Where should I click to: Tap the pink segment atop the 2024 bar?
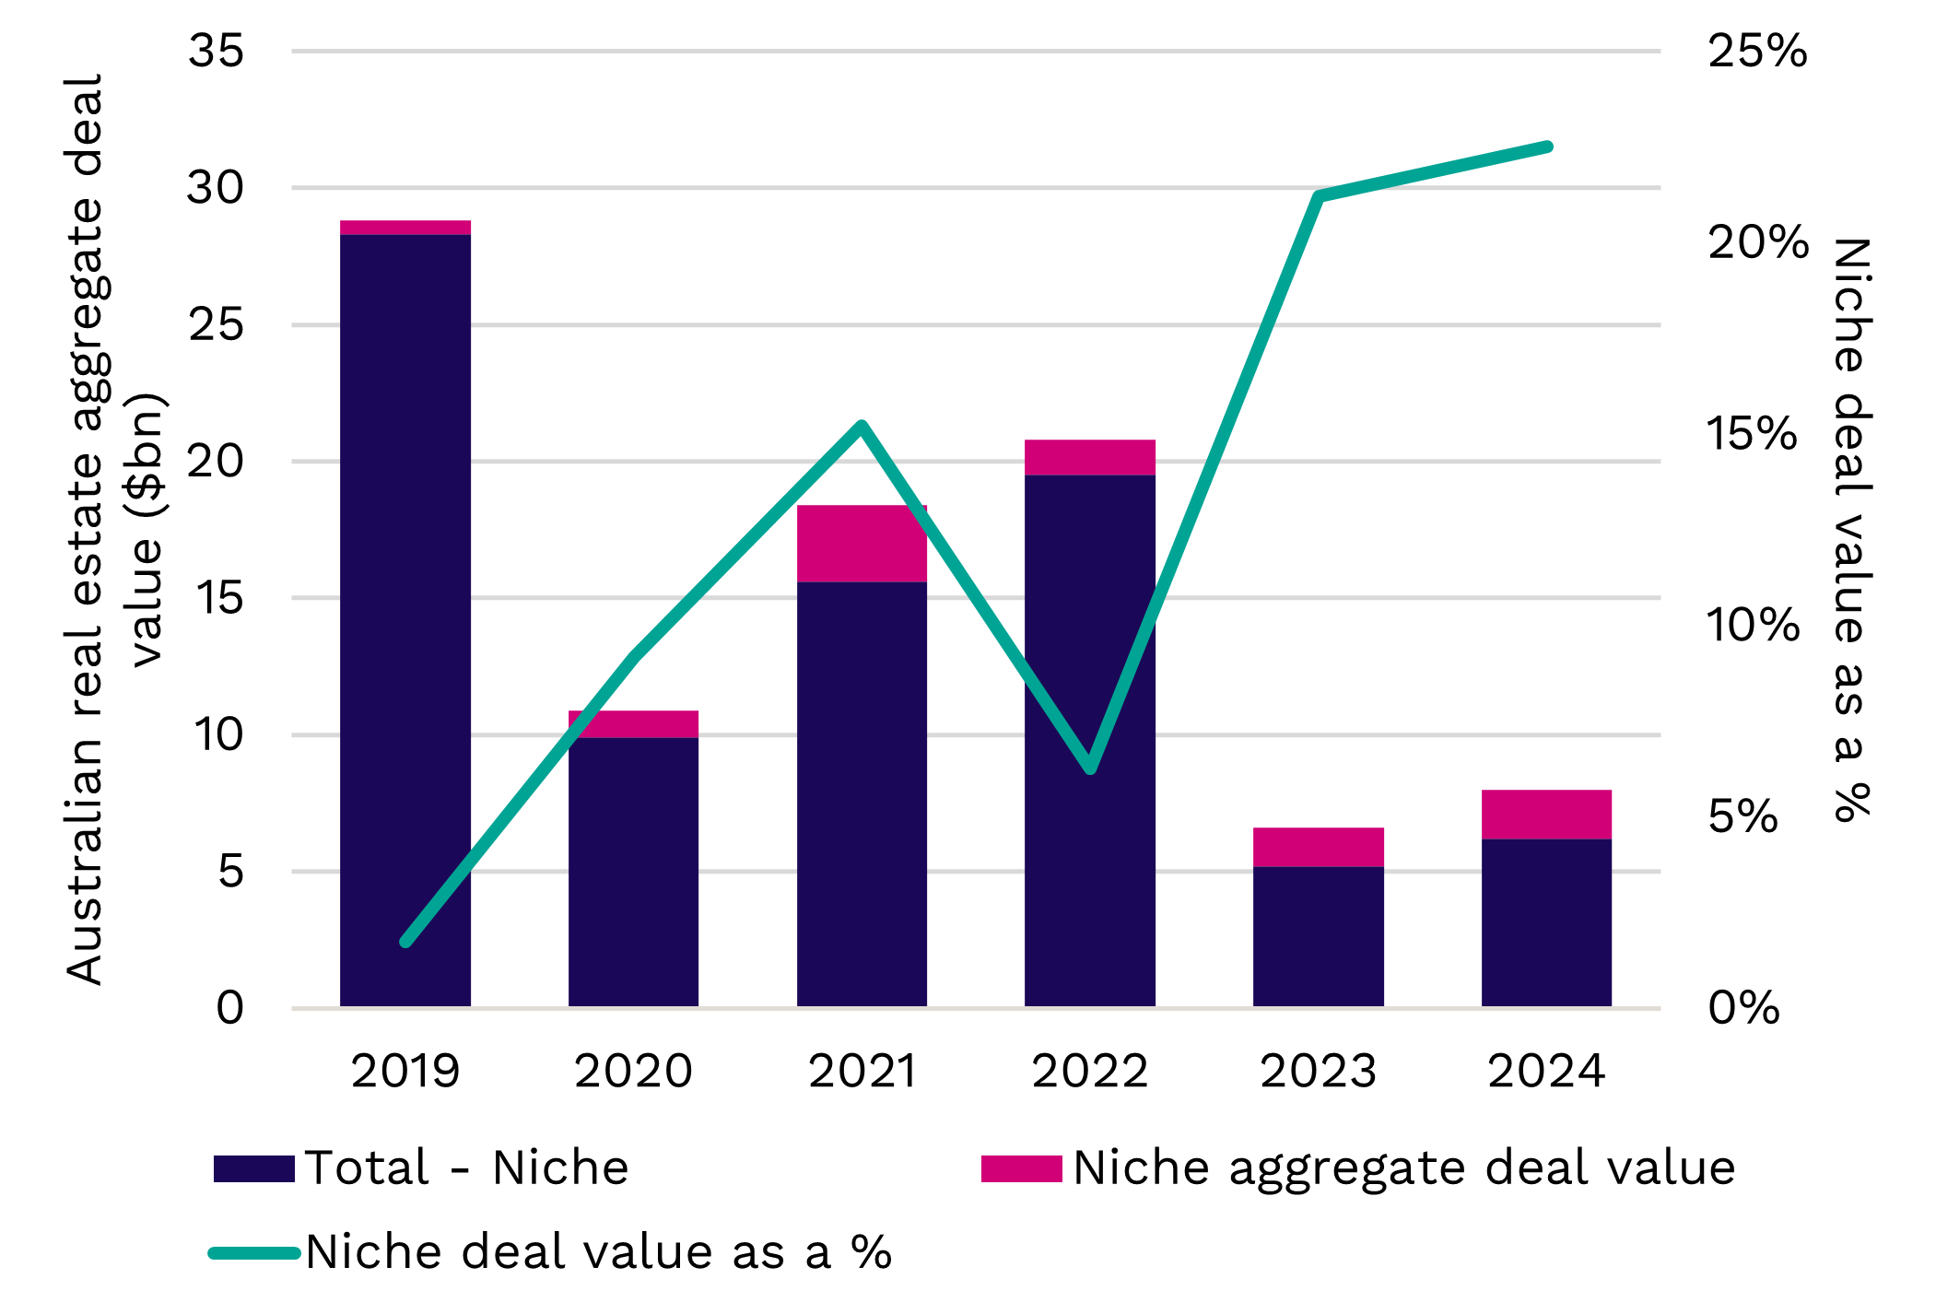[1546, 814]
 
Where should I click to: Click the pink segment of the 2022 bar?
[1090, 457]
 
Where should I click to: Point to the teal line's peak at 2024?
[1547, 147]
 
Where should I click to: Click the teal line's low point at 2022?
[1090, 768]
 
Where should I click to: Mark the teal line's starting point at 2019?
[405, 941]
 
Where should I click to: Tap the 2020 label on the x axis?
[633, 1072]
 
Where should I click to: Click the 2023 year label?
[1318, 1072]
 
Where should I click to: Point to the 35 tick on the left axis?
[216, 51]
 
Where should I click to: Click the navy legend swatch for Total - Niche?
[253, 1168]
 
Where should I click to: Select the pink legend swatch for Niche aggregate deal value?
[1021, 1168]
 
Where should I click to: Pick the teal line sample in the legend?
[254, 1252]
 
